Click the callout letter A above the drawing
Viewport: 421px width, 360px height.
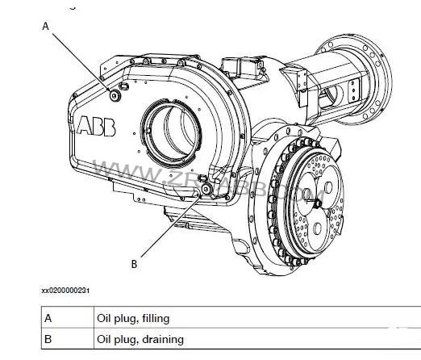click(46, 26)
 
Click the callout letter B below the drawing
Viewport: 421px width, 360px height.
click(134, 262)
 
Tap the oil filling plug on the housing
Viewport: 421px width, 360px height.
click(114, 96)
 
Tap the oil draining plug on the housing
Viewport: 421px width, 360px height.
click(208, 188)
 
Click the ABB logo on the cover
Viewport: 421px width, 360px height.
click(97, 125)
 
